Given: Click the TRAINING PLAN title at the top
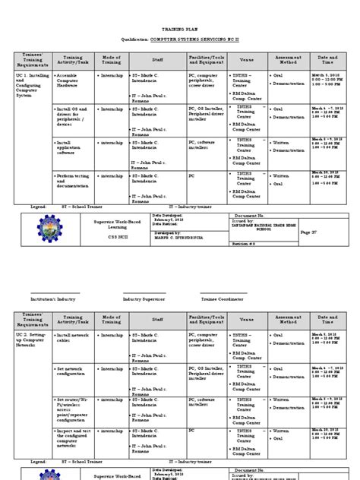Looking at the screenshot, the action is [180, 25].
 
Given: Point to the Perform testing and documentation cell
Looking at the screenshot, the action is [74, 182].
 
